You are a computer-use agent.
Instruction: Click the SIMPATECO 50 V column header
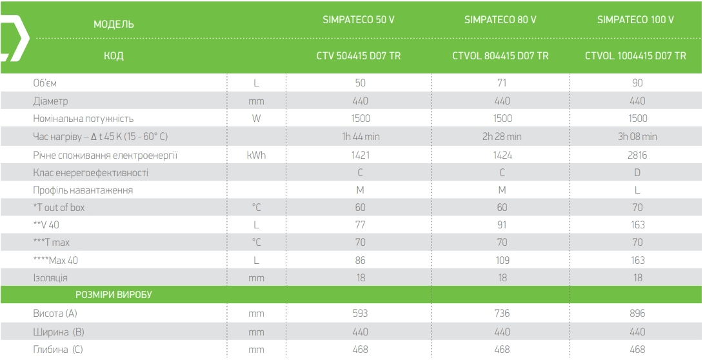tap(359, 20)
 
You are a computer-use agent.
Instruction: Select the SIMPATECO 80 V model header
tap(500, 20)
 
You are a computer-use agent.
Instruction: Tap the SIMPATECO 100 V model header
tap(635, 20)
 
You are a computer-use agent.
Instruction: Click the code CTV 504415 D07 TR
tap(359, 55)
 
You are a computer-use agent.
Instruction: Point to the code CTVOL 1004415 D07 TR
tap(635, 55)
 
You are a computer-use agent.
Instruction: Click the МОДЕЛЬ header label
tap(114, 25)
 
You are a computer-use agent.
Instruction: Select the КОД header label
tap(114, 55)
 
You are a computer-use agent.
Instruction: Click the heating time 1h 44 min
tap(361, 136)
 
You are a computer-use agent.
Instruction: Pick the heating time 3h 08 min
tap(637, 136)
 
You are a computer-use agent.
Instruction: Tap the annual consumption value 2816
tap(637, 155)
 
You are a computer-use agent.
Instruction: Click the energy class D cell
tap(637, 173)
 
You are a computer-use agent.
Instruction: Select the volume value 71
tap(502, 83)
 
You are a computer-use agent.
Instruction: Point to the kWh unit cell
tap(256, 155)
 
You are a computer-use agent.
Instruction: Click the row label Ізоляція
tap(50, 278)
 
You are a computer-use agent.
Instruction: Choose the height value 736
tap(502, 313)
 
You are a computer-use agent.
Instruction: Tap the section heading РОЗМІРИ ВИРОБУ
tap(114, 295)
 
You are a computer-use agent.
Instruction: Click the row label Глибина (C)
tap(58, 350)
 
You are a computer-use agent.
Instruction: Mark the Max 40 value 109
tap(502, 260)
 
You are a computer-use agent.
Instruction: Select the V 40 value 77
tap(361, 225)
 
